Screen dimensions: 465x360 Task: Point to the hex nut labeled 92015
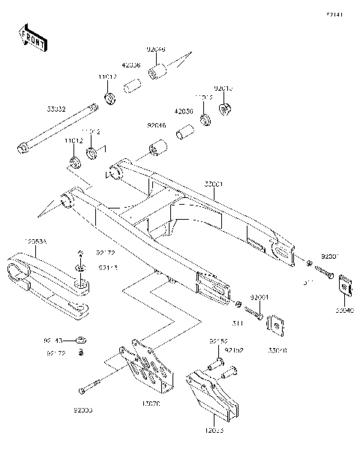click(x=223, y=111)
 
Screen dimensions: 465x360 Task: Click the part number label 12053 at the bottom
click(x=214, y=432)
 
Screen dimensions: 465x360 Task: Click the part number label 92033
click(x=83, y=410)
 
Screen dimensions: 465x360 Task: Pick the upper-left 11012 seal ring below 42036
click(x=109, y=99)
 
